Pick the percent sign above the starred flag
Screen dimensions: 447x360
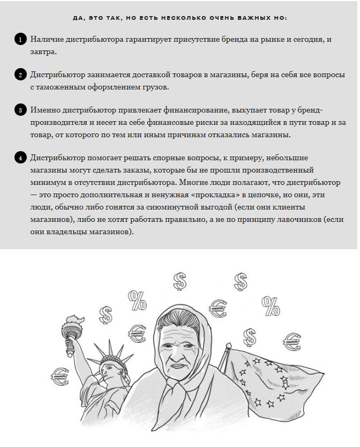pyautogui.click(x=270, y=306)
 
